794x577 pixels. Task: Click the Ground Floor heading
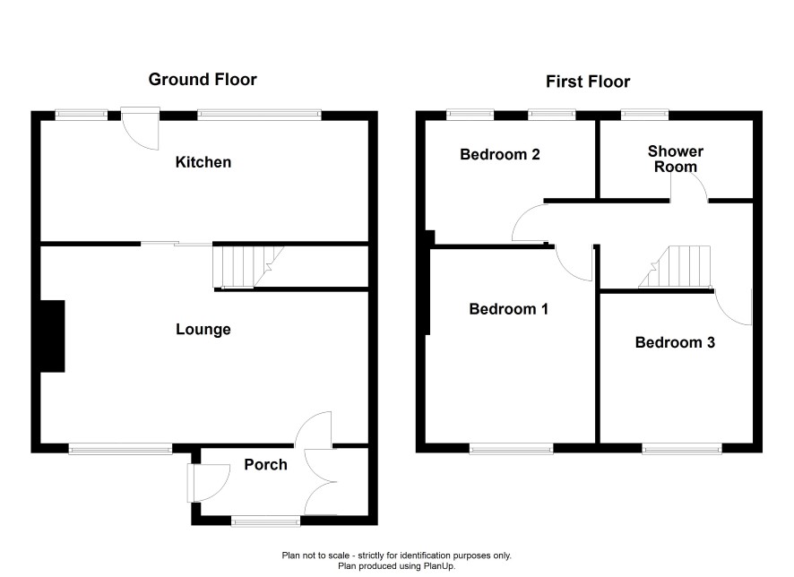[203, 80]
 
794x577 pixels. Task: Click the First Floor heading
[588, 82]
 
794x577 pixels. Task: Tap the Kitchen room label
[203, 162]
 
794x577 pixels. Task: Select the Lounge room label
[203, 330]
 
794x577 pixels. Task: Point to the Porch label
[265, 465]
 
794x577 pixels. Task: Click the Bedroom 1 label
[508, 309]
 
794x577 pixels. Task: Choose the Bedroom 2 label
[500, 154]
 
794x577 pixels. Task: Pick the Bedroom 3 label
[675, 342]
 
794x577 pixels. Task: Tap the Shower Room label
[676, 159]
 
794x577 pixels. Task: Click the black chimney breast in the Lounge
[52, 336]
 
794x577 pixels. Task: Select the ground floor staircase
[247, 267]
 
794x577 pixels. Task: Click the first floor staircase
[675, 267]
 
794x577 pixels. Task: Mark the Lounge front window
[120, 449]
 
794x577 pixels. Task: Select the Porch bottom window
[266, 521]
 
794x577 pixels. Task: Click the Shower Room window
[644, 115]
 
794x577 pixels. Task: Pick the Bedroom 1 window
[511, 449]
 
